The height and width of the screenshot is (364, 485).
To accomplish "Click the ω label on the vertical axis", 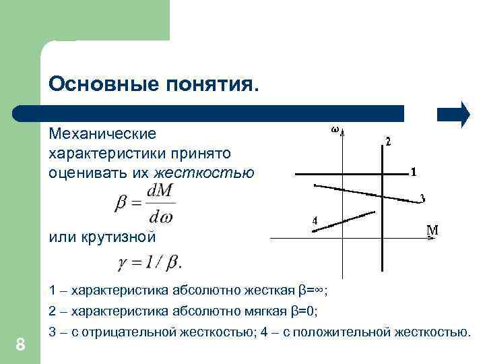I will pyautogui.click(x=335, y=129).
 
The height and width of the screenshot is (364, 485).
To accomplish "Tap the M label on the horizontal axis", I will pyautogui.click(x=433, y=230).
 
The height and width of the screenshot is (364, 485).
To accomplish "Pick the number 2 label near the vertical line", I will pyautogui.click(x=387, y=142).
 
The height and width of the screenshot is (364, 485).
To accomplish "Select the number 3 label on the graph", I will pyautogui.click(x=422, y=198).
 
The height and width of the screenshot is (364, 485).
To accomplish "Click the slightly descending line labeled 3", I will pyautogui.click(x=364, y=191).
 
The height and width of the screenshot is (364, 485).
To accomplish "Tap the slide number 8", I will pyautogui.click(x=20, y=345).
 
